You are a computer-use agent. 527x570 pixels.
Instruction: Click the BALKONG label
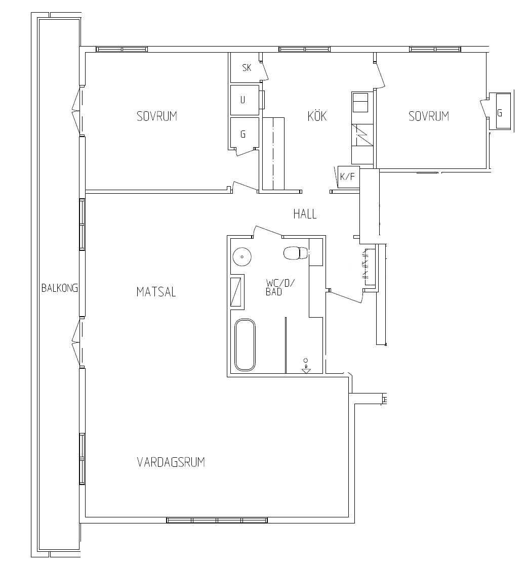[x=60, y=288]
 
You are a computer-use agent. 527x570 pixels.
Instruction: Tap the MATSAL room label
[x=156, y=292]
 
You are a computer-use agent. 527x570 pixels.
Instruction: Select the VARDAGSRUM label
[x=171, y=462]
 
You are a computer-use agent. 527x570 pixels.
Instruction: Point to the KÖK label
[x=317, y=116]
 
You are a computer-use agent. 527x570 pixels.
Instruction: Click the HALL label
[x=305, y=214]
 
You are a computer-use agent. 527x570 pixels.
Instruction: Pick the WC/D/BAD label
[x=279, y=287]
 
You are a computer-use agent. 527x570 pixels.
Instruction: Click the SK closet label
[x=247, y=68]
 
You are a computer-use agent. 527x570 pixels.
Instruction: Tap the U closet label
[x=243, y=100]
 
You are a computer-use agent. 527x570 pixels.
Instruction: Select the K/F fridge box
[x=349, y=177]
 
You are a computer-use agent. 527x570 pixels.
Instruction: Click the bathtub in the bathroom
[x=245, y=345]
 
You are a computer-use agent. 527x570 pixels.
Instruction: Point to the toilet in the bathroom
[x=296, y=253]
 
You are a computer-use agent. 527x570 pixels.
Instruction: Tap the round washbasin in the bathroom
[x=242, y=257]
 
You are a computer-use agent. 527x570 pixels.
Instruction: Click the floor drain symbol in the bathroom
[x=306, y=366]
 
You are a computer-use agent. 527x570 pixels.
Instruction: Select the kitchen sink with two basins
[x=360, y=102]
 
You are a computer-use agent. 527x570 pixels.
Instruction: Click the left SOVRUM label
[x=157, y=116]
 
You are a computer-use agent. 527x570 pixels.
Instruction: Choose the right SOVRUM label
[x=429, y=116]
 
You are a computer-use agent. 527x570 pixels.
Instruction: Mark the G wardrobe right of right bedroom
[x=500, y=111]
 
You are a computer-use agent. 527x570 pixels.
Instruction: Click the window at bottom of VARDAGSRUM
[x=217, y=520]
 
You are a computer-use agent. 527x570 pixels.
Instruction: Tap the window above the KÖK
[x=305, y=50]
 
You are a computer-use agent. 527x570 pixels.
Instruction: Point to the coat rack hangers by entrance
[x=366, y=265]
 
